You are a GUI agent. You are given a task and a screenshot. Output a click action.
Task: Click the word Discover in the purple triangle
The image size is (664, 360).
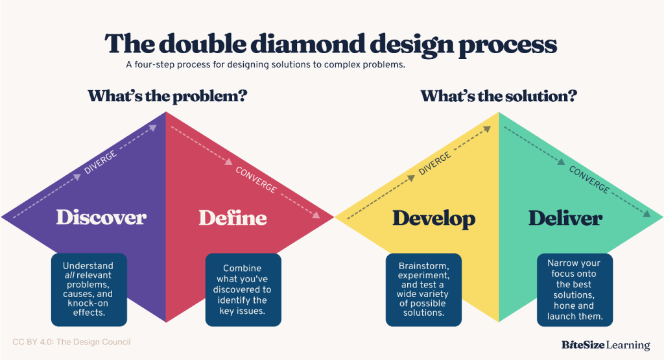[x=101, y=217]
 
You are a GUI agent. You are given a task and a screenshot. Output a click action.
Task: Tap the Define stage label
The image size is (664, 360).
[x=233, y=218]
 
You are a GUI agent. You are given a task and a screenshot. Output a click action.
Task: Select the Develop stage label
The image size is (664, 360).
[x=434, y=219]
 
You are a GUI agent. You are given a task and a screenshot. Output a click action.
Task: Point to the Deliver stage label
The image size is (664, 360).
[x=565, y=218]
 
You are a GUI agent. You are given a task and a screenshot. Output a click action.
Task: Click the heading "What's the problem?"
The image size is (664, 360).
[x=167, y=96]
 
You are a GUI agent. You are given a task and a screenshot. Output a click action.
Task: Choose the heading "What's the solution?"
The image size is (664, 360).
[x=499, y=96]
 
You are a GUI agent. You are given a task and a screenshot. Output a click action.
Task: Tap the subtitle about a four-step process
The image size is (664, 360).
[x=265, y=65]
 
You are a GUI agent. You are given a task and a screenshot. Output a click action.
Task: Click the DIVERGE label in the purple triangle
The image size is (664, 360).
[x=101, y=162]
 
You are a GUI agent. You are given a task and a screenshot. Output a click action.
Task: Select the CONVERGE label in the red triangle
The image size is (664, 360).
[x=255, y=180]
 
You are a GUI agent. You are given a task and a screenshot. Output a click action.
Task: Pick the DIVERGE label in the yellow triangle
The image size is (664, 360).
[x=434, y=163]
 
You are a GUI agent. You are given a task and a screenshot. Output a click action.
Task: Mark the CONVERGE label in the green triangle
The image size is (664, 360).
[x=589, y=180]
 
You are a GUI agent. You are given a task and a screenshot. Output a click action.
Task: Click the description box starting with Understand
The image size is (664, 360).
[x=89, y=290]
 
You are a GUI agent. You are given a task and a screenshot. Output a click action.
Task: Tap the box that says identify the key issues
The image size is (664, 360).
[x=243, y=290]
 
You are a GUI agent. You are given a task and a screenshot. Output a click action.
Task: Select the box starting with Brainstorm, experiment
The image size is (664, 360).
[x=423, y=290]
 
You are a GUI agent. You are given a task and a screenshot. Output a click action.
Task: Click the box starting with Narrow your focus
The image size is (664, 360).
[x=575, y=290]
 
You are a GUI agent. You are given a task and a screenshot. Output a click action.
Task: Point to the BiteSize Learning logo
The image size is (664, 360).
[x=606, y=345]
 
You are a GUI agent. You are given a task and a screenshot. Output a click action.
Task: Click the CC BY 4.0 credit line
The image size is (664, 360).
[x=71, y=342]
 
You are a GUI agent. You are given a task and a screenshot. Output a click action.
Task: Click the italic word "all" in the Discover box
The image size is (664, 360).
[x=69, y=275]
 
